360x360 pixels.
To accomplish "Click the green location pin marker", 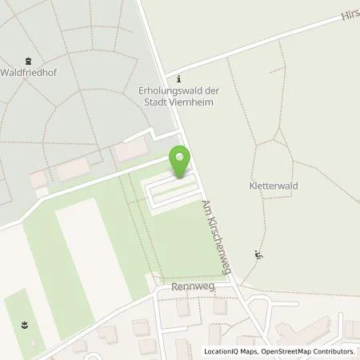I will (x=180, y=162).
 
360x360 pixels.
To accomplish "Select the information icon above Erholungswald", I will (x=179, y=79).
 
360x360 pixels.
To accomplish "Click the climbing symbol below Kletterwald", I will (x=258, y=255).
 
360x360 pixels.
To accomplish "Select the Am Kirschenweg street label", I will (x=216, y=238).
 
